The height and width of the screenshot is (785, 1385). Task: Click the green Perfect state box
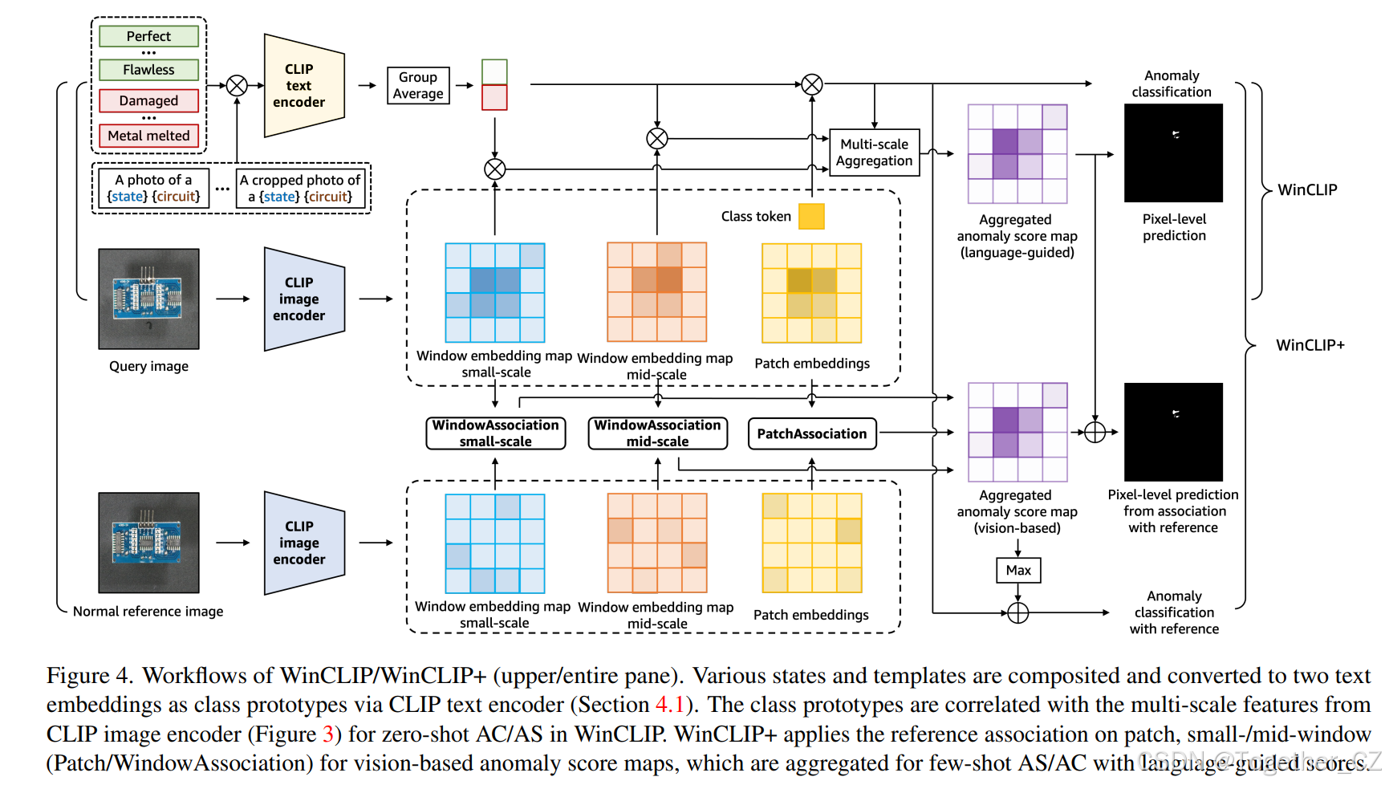148,36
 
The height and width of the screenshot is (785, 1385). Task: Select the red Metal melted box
148,136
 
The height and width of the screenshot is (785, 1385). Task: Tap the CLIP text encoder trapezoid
303,86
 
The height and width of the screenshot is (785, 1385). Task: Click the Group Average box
418,86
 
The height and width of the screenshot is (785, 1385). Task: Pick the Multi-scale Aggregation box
874,153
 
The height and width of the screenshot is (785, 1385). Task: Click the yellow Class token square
811,217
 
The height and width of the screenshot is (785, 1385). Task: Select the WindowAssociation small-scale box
495,433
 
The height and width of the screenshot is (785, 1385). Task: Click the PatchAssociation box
811,434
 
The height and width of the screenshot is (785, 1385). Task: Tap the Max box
1018,571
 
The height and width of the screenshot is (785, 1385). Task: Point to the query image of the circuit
148,299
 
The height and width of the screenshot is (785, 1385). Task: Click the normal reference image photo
148,543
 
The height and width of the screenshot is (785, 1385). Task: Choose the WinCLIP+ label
1310,345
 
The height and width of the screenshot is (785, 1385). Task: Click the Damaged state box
148,101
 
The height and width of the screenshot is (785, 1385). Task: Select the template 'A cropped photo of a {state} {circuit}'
300,189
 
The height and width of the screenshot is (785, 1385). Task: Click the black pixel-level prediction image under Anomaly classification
1173,153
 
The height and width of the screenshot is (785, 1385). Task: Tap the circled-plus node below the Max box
1017,613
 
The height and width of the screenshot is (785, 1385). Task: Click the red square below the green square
494,97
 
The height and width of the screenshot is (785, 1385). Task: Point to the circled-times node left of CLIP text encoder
237,86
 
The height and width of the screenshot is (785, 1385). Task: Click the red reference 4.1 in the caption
670,705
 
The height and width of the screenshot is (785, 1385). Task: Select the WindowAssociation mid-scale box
657,433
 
